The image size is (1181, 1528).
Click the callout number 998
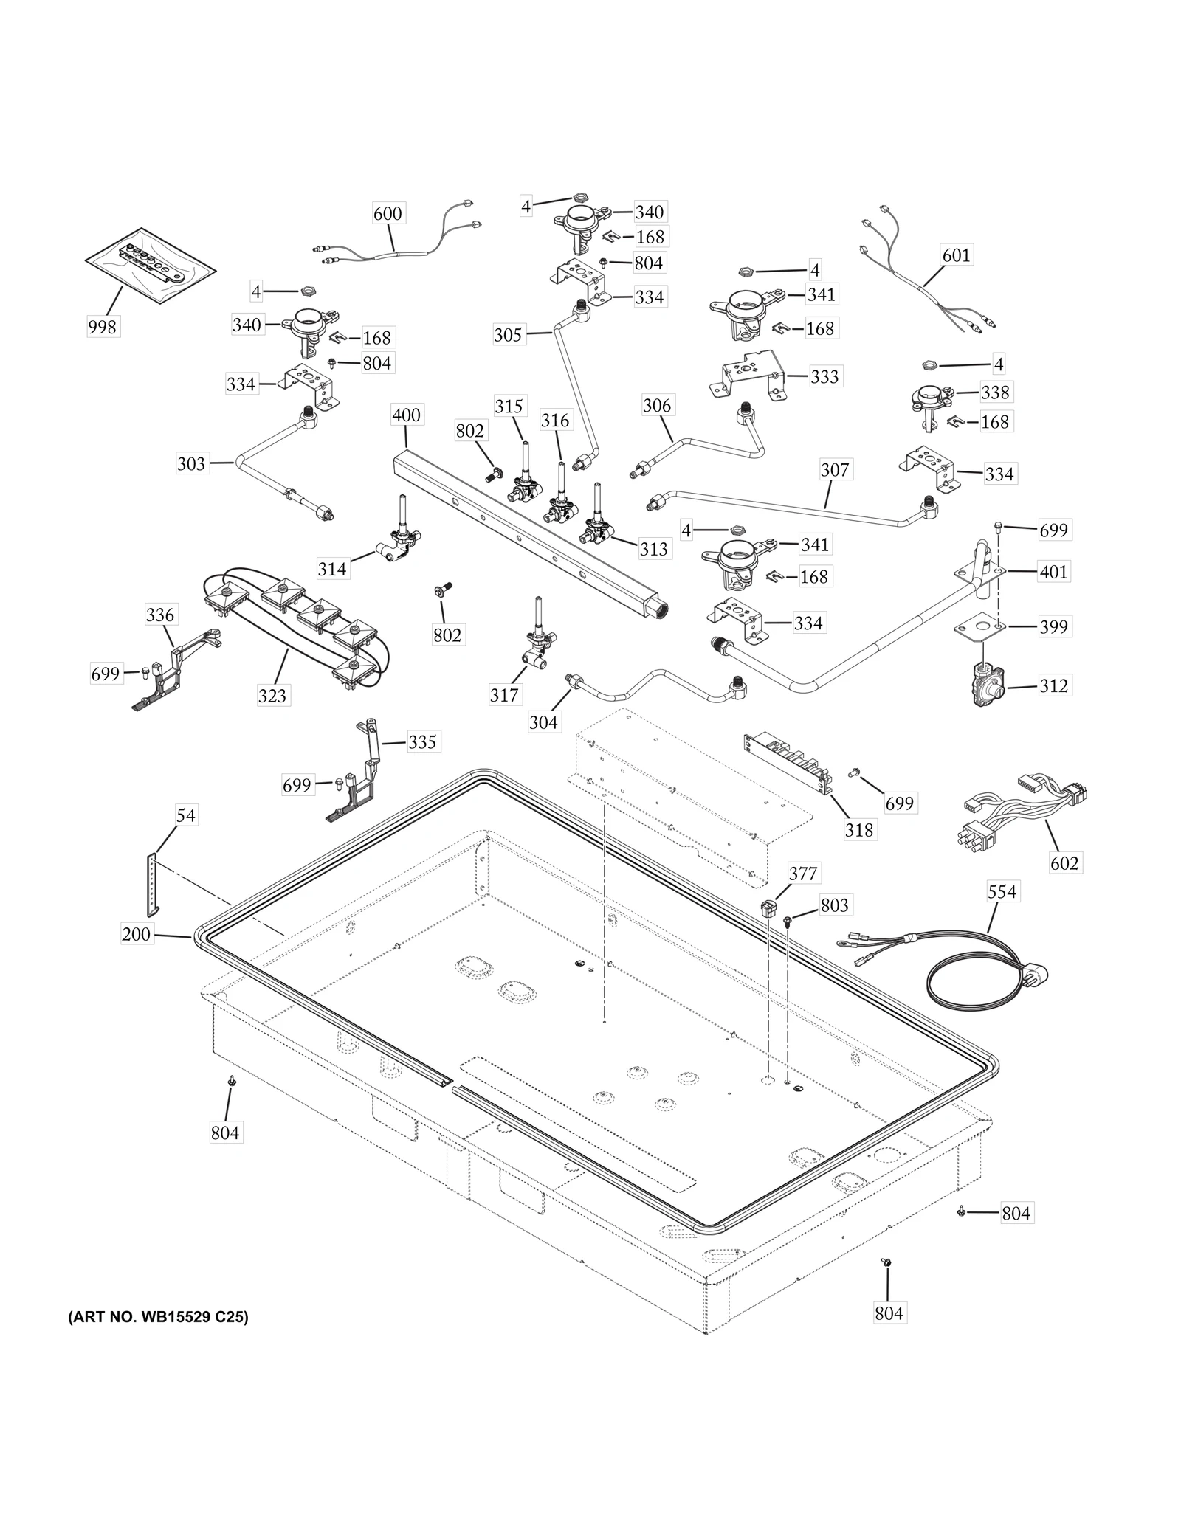pyautogui.click(x=102, y=326)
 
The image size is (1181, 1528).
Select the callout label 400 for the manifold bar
pyautogui.click(x=406, y=415)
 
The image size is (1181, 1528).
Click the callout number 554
pyautogui.click(x=1002, y=891)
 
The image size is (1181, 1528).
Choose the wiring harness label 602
pyautogui.click(x=1064, y=862)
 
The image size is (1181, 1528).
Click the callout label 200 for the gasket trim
pyautogui.click(x=137, y=934)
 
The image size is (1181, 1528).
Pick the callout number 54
pyautogui.click(x=185, y=815)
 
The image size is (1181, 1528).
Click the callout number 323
pyautogui.click(x=272, y=695)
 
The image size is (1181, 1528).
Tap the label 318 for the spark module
pyautogui.click(x=858, y=829)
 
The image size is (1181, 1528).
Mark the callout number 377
pyautogui.click(x=802, y=874)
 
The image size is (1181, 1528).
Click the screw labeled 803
pyautogui.click(x=788, y=919)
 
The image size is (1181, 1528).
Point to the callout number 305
pyautogui.click(x=508, y=335)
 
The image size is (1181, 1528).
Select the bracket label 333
pyautogui.click(x=824, y=376)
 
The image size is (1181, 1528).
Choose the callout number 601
pyautogui.click(x=957, y=255)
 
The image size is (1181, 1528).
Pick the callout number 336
pyautogui.click(x=160, y=615)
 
